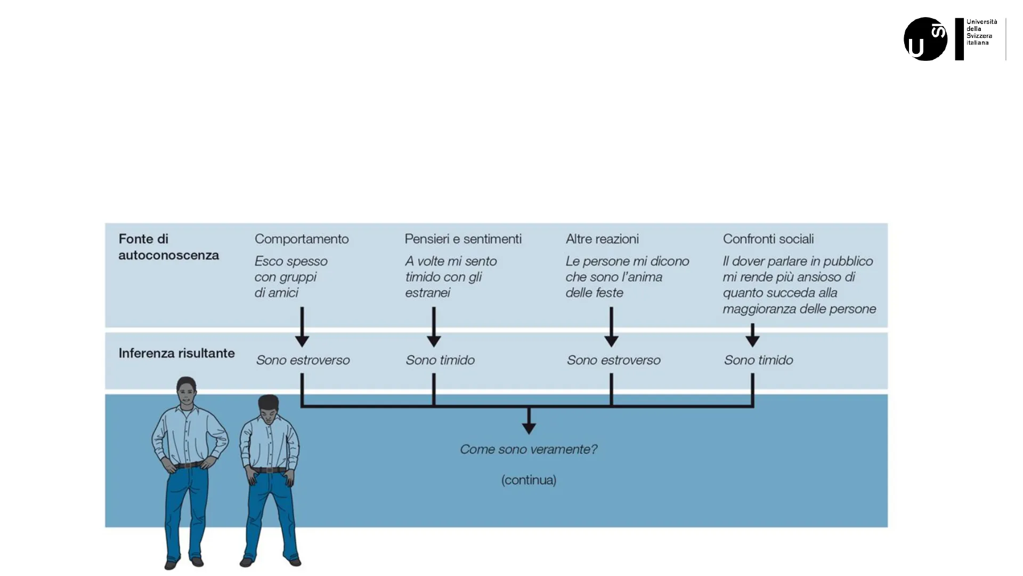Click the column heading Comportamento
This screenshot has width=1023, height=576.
302,239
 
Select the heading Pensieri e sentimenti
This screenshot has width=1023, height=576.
463,239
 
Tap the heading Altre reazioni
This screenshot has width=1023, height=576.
602,239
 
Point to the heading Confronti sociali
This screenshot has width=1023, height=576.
768,239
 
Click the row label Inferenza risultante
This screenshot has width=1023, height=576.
176,354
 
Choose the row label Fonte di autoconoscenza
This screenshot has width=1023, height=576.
168,247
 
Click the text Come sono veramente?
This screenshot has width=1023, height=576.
529,450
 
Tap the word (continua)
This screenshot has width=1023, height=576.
529,480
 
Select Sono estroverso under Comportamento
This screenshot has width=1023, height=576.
303,361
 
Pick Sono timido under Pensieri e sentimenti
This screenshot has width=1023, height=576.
440,361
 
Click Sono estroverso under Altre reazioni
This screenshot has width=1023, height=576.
613,361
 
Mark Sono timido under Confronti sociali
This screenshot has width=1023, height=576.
758,361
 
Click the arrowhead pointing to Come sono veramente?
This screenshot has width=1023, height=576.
529,427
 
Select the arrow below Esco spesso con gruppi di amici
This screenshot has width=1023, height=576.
302,327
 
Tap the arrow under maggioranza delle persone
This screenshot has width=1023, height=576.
752,335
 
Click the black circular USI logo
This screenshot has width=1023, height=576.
925,39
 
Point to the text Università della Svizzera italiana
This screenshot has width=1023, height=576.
981,32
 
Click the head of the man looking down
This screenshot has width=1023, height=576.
269,408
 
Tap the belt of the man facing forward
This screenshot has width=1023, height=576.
189,465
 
